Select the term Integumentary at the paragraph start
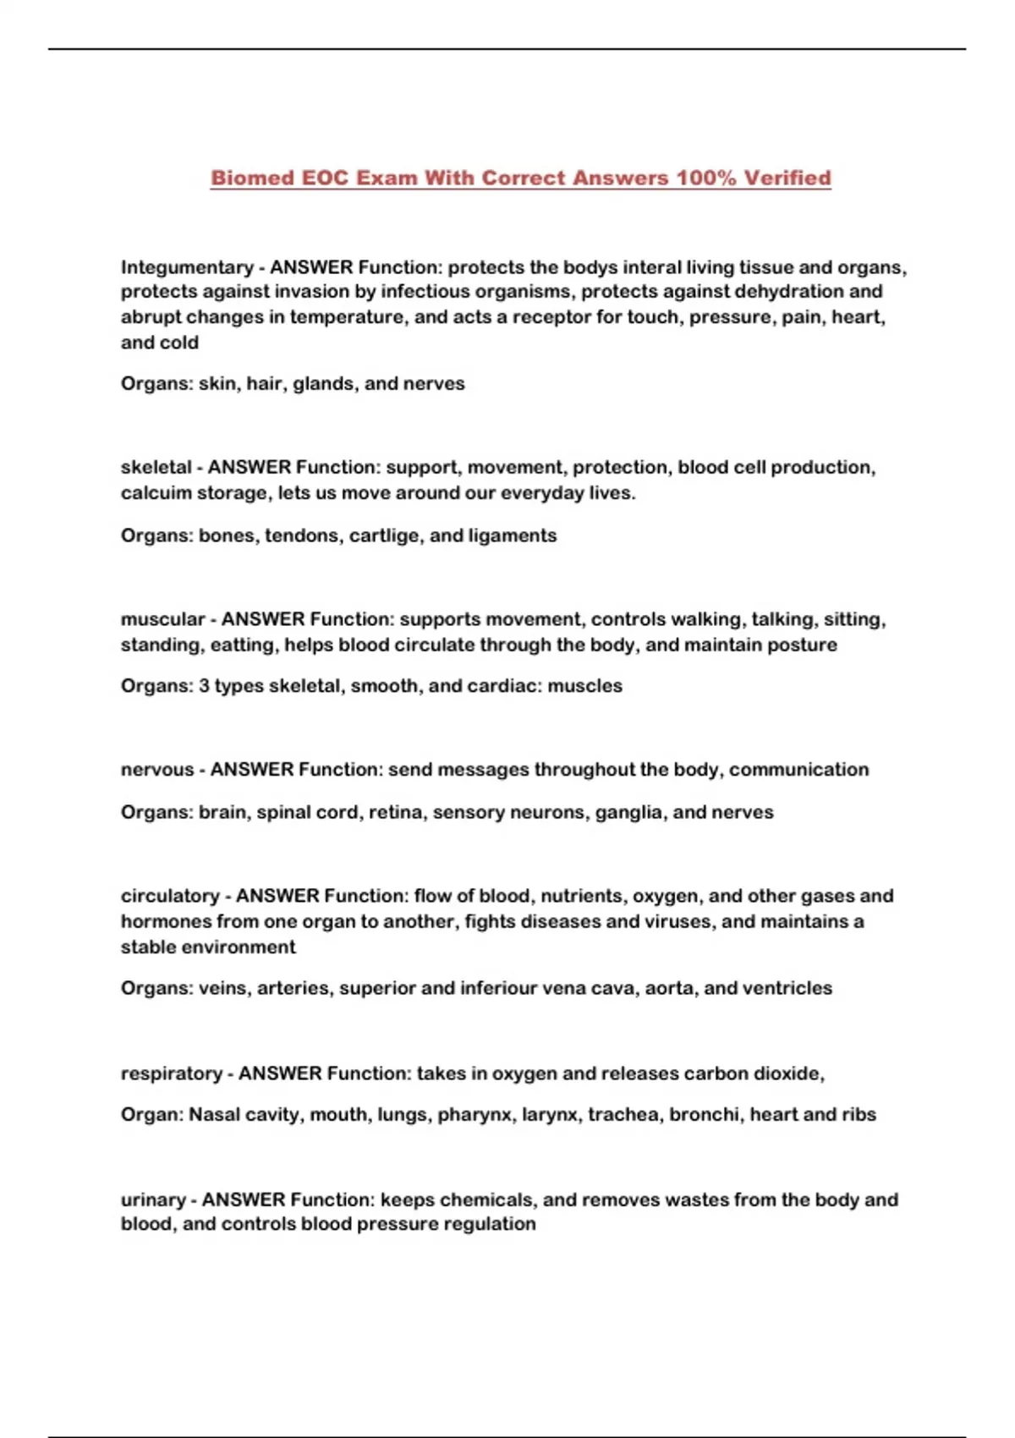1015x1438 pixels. point(186,268)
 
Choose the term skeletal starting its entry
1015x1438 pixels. point(156,468)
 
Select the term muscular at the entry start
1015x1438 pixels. point(162,620)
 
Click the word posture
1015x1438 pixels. point(803,645)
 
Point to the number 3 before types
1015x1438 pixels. point(204,686)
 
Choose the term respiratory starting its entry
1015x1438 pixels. point(172,1074)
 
